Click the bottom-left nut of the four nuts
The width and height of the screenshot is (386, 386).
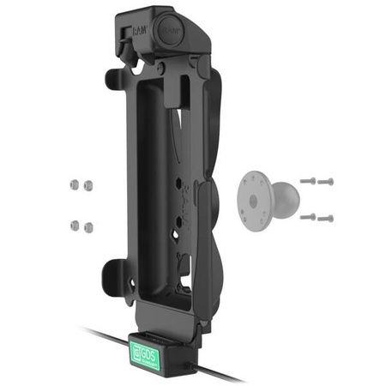75,226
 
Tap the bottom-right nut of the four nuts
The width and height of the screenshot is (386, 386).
88,228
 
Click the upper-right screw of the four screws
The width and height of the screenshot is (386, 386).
326,181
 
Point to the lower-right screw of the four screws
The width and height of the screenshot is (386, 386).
326,218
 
